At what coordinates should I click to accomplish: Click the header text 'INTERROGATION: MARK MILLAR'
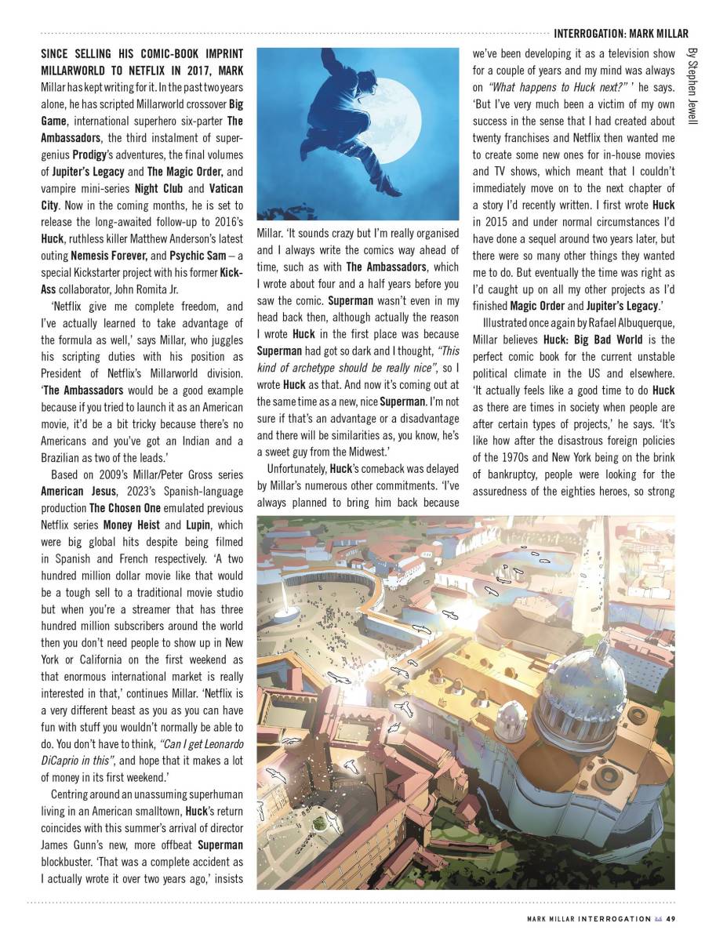[621, 34]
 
